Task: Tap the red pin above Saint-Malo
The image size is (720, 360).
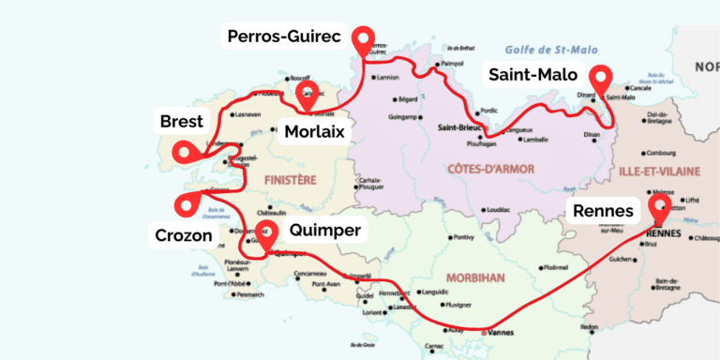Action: tap(599, 77)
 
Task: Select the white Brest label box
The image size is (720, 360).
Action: tap(182, 121)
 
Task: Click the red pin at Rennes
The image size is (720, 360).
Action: tap(659, 205)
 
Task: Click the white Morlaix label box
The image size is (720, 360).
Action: tap(314, 130)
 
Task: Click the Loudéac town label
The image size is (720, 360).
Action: tap(499, 210)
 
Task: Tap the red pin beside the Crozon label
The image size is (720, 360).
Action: tap(187, 202)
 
